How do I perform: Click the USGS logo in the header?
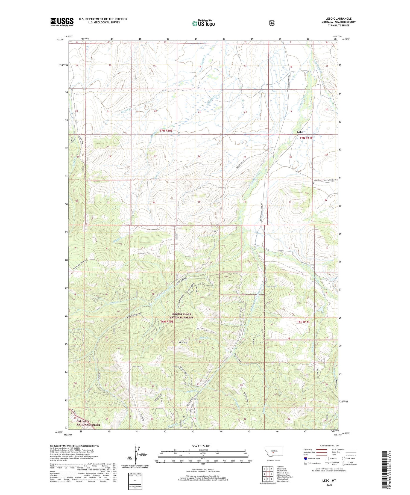tap(62, 22)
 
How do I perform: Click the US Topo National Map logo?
tap(203, 23)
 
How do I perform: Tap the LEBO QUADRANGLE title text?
tap(338, 19)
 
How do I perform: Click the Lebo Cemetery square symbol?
tap(314, 183)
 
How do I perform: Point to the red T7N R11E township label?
tap(306, 138)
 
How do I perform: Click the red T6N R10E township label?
tap(166, 322)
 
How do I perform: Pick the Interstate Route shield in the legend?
tap(306, 459)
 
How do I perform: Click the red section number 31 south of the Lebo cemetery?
tap(290, 202)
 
